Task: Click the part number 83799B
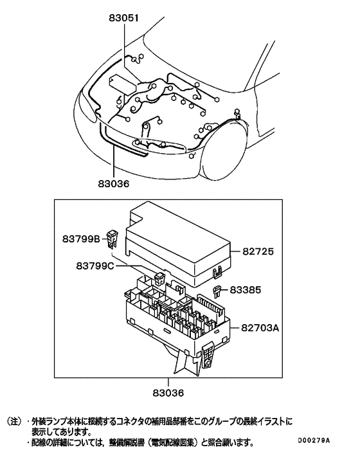point(81,239)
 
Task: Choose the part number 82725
point(260,253)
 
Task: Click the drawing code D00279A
point(313,440)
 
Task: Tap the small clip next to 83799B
point(114,240)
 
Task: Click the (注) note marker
point(15,422)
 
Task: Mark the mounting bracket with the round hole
point(209,358)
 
